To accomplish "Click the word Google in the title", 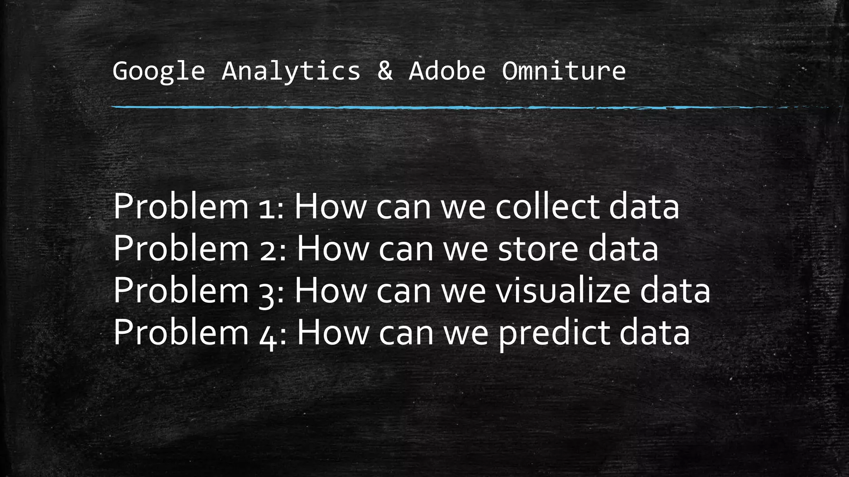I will point(158,71).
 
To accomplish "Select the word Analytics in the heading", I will point(291,71).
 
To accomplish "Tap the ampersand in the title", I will point(385,71).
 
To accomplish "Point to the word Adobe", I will point(447,71).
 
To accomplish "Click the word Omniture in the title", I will point(564,71).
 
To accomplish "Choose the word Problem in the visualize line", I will point(180,291).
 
